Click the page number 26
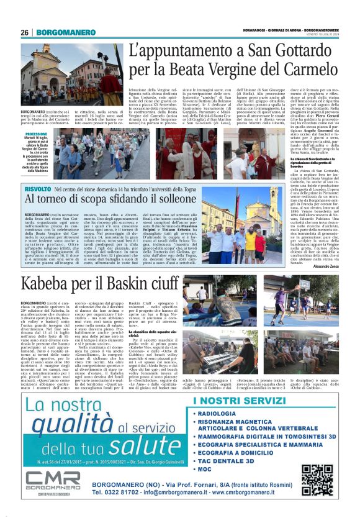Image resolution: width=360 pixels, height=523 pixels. pyautogui.click(x=24, y=32)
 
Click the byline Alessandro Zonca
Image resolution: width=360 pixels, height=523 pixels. pyautogui.click(x=326, y=265)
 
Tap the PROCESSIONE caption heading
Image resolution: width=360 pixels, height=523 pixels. pyautogui.click(x=37, y=134)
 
